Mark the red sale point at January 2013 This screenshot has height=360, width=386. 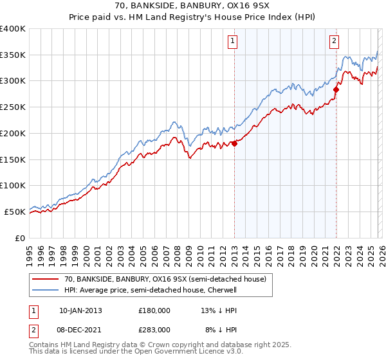[234, 143]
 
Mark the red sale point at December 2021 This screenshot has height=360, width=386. [336, 90]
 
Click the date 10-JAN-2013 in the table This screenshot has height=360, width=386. [80, 310]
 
